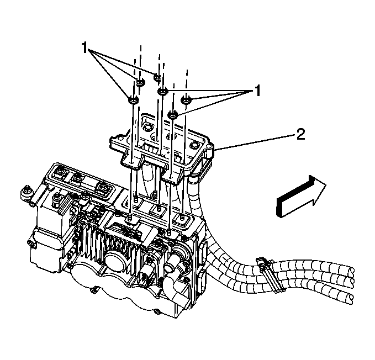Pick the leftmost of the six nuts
click(133, 100)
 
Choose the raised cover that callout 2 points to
click(160, 144)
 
